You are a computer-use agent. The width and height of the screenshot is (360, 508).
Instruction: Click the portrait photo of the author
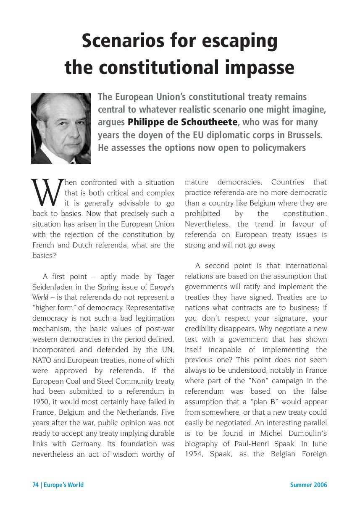(61, 128)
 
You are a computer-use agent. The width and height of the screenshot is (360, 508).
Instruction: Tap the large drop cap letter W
(47, 191)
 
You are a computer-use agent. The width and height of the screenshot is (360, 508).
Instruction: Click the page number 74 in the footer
(36, 485)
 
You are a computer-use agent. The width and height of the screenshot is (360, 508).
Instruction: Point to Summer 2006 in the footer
(308, 485)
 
